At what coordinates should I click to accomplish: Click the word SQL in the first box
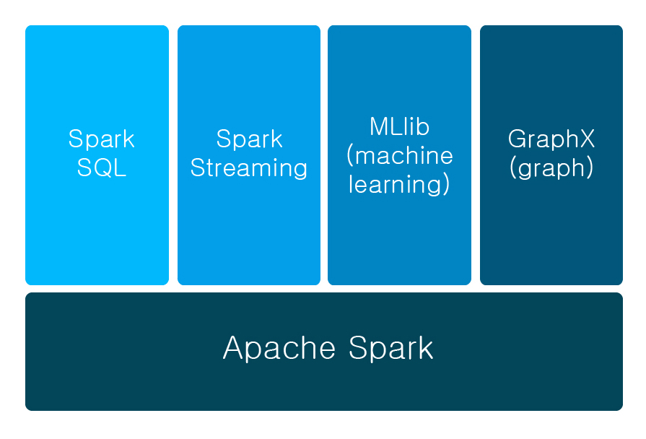tap(102, 168)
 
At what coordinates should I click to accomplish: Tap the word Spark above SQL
tap(102, 139)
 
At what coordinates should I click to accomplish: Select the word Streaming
tap(249, 168)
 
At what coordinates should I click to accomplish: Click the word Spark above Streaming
tap(249, 139)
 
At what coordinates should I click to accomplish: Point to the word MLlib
tap(400, 127)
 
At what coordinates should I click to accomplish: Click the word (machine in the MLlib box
tap(400, 156)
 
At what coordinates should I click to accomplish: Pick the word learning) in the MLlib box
tap(400, 185)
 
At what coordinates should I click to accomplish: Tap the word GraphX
tap(551, 139)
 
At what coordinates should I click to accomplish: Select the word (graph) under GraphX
tap(551, 168)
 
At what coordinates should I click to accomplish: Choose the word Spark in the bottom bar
tap(392, 347)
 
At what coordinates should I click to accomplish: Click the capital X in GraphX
tap(588, 139)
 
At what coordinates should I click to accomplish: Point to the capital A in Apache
tap(235, 347)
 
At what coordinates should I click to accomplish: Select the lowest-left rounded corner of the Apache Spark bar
tap(29, 407)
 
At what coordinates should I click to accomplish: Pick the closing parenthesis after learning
tap(447, 186)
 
